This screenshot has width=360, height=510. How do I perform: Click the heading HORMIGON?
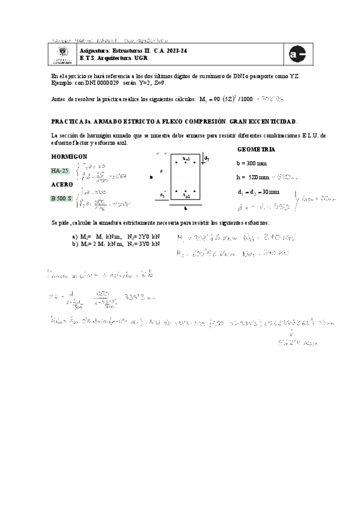(70, 156)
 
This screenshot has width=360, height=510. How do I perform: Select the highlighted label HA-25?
(61, 171)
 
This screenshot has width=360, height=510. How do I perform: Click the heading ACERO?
(62, 184)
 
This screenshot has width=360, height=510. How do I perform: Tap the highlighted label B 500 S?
(61, 198)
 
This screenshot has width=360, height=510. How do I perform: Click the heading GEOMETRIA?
(257, 149)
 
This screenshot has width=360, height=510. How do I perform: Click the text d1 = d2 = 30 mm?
(258, 191)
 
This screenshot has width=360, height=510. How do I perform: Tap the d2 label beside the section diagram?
(207, 158)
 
